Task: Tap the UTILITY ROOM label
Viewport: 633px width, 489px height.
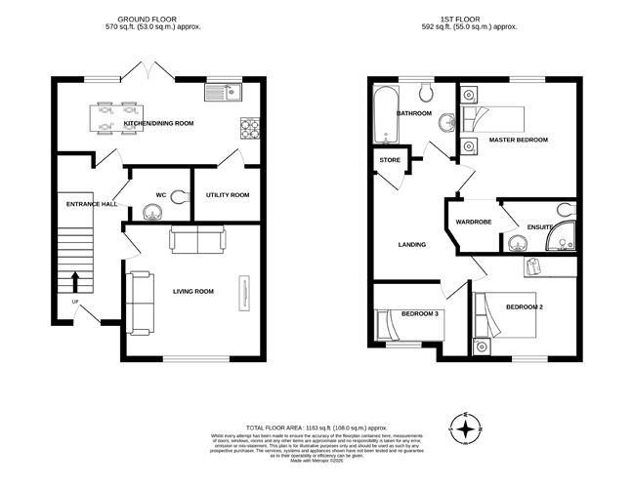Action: coord(227,194)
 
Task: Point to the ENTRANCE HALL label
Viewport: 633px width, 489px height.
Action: coord(92,203)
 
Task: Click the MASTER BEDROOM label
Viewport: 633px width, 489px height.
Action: coord(519,140)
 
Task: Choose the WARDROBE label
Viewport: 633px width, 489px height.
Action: coord(473,222)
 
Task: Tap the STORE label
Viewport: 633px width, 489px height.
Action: coord(390,160)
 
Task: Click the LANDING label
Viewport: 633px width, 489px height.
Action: coord(411,244)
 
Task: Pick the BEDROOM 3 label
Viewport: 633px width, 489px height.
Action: coord(421,313)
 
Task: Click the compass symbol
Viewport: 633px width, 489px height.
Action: coord(468,427)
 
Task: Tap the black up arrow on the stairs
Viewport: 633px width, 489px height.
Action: coord(76,282)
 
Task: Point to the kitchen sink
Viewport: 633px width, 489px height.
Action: coord(224,93)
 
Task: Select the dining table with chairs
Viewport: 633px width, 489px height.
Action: coord(115,116)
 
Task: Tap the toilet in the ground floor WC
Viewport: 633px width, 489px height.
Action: coord(179,197)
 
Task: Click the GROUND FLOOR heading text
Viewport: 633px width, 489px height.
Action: coord(159,19)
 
